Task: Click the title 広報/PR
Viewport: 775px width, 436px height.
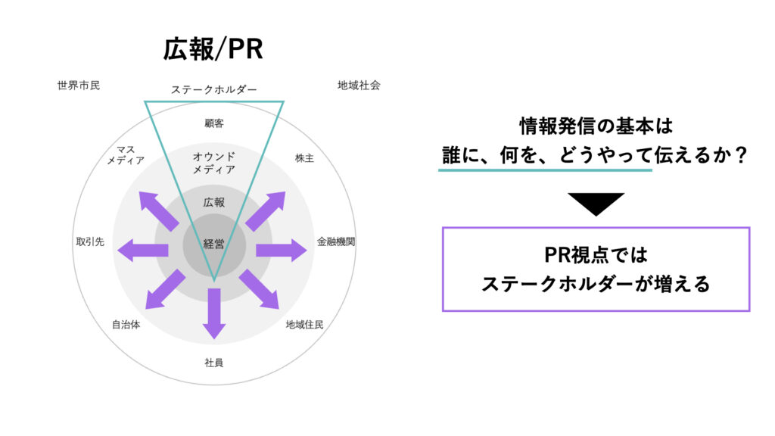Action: (x=213, y=49)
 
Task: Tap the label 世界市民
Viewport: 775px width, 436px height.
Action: (x=78, y=86)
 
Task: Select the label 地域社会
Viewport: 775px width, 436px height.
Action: (x=359, y=86)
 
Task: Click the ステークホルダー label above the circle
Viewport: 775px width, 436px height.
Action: (x=214, y=89)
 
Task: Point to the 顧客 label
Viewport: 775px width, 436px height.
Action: (x=214, y=123)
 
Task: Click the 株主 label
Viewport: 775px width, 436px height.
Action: (x=305, y=158)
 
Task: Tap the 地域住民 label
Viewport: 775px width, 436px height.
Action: (x=305, y=325)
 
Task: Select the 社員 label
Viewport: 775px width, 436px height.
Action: (x=214, y=362)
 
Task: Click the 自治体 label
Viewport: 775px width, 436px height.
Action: (x=126, y=325)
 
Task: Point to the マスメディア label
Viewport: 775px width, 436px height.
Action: (x=126, y=154)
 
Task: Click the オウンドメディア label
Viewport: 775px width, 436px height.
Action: (x=214, y=163)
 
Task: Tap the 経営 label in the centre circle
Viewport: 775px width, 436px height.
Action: (x=214, y=244)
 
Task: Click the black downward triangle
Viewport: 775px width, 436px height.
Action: (x=595, y=203)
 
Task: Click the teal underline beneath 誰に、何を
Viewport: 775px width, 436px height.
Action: (x=545, y=170)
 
